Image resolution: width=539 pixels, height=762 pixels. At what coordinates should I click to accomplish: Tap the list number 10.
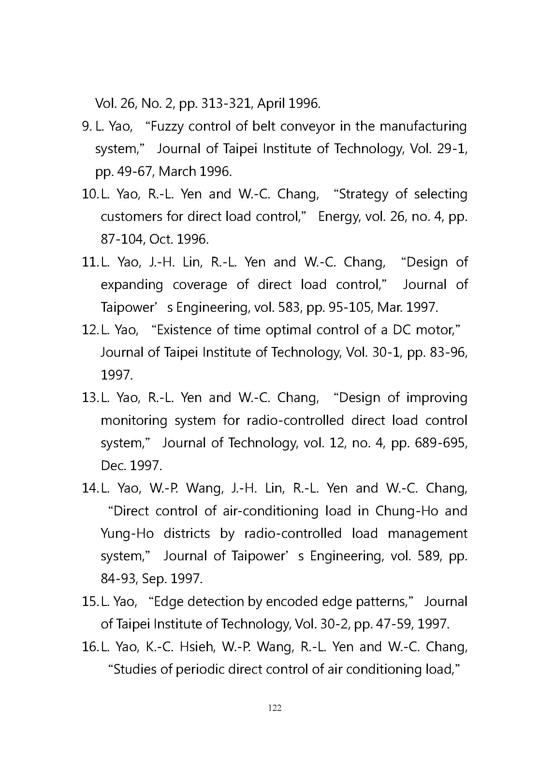click(x=90, y=194)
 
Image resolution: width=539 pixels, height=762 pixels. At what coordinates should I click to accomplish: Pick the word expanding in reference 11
click(x=132, y=285)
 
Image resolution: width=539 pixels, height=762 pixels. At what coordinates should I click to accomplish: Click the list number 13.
click(x=90, y=397)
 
